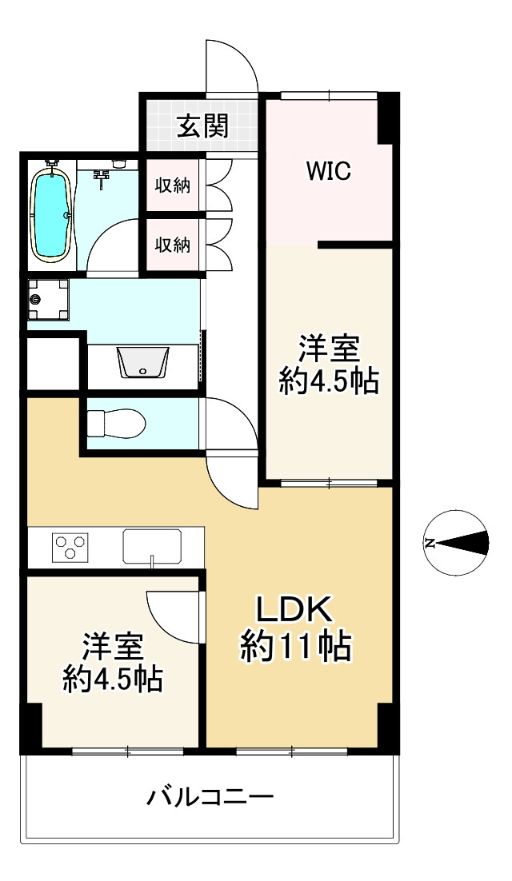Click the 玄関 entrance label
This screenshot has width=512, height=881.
click(203, 126)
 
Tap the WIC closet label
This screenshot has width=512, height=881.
click(329, 170)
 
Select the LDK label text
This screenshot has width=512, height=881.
click(295, 610)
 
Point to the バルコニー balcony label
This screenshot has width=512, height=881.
click(210, 797)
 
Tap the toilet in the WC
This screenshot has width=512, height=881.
click(117, 423)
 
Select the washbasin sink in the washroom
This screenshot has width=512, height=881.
click(142, 362)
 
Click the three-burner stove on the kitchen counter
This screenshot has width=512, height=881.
click(70, 546)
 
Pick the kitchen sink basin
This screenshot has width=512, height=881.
click(152, 545)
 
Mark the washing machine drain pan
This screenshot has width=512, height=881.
click(48, 300)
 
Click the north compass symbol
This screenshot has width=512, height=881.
click(456, 543)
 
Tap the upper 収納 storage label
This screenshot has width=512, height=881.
click(173, 185)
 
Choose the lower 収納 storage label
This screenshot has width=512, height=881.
click(173, 245)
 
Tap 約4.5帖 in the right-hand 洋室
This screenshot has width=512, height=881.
click(329, 382)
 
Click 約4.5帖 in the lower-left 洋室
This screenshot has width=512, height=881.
click(113, 679)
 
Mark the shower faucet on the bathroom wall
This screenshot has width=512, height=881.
click(102, 178)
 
